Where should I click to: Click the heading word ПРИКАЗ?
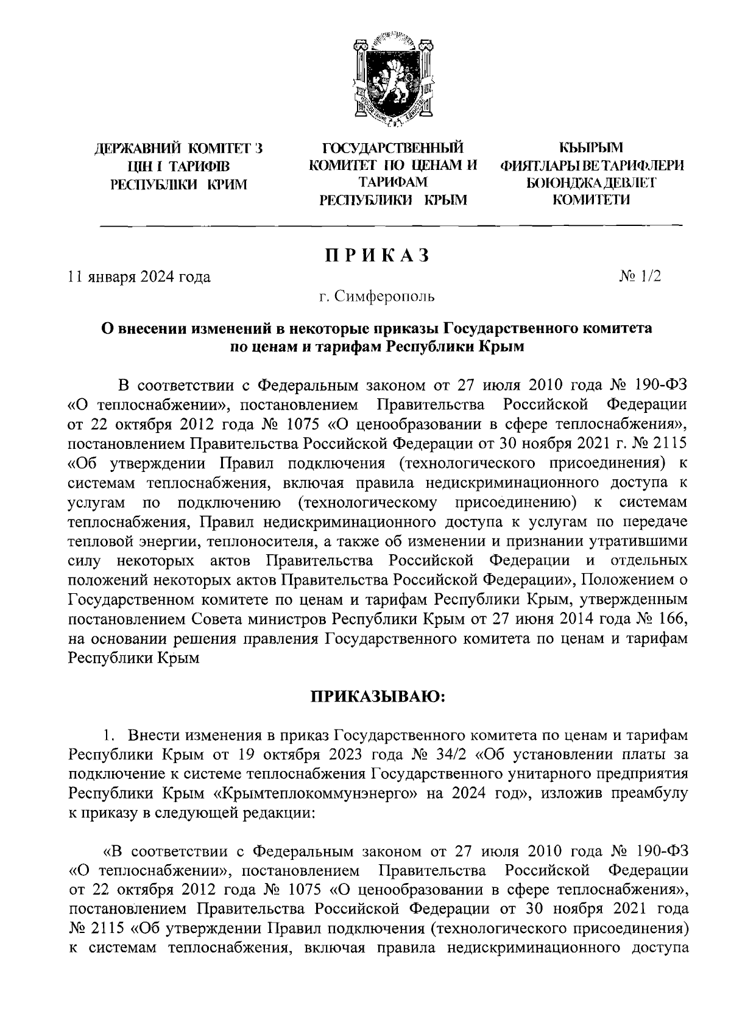376,256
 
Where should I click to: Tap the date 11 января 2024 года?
139,278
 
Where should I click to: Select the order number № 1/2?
640,276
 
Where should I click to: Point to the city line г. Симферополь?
376,298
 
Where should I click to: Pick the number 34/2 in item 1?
450,755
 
